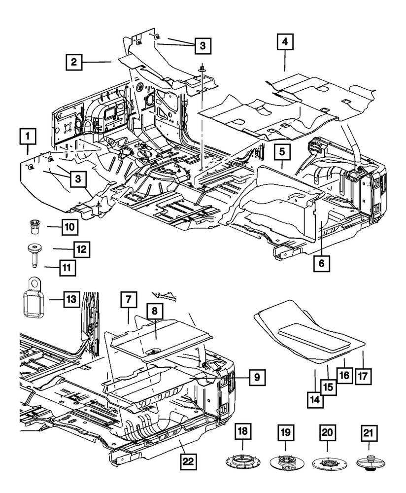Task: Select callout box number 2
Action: click(x=73, y=62)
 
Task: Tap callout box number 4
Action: click(x=285, y=42)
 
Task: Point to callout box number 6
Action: click(x=321, y=264)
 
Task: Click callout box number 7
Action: click(x=128, y=300)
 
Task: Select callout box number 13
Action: click(x=71, y=299)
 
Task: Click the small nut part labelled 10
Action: click(x=35, y=228)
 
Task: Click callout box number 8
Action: click(x=154, y=312)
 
